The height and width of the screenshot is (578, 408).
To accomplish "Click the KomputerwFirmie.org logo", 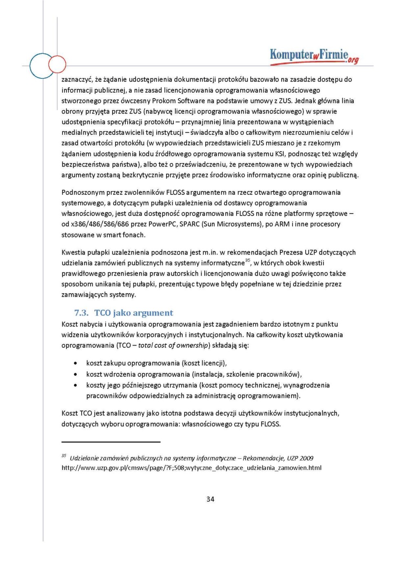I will (x=314, y=56).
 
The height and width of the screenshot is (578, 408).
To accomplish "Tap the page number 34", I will (x=210, y=499).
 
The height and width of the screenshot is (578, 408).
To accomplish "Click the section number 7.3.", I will (x=81, y=313).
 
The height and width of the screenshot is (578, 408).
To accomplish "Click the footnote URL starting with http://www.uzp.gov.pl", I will (x=191, y=468).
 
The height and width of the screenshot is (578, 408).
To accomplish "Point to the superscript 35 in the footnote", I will (x=64, y=455).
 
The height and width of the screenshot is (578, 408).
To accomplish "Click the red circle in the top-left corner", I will (x=57, y=64).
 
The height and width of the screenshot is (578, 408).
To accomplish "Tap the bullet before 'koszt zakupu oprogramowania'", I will (x=75, y=363).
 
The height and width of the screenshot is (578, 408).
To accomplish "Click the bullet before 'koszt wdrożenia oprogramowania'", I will (x=75, y=374).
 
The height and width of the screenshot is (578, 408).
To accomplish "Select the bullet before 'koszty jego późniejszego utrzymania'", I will (x=75, y=385).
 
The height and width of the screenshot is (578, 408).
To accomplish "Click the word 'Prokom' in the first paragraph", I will (x=164, y=101).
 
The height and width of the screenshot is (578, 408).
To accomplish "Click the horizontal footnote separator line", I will (x=111, y=442).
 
